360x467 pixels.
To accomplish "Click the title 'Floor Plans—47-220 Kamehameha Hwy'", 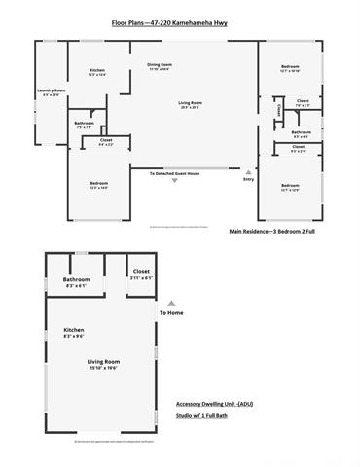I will (179, 19).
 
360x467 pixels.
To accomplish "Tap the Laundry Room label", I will (50, 91).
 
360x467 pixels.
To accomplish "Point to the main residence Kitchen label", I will (97, 71).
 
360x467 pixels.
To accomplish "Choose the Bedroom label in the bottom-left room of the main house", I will (98, 184).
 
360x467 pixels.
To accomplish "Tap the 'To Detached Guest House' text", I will (174, 173).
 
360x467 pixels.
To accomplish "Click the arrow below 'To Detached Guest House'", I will (175, 181).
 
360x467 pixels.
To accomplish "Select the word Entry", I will (248, 179).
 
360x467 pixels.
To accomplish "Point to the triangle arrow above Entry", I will (248, 171).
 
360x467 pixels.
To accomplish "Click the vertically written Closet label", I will (278, 112).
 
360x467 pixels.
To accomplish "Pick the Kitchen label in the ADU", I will (75, 331).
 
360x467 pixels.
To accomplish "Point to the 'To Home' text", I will (171, 312).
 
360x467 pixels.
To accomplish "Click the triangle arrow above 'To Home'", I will (171, 303).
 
